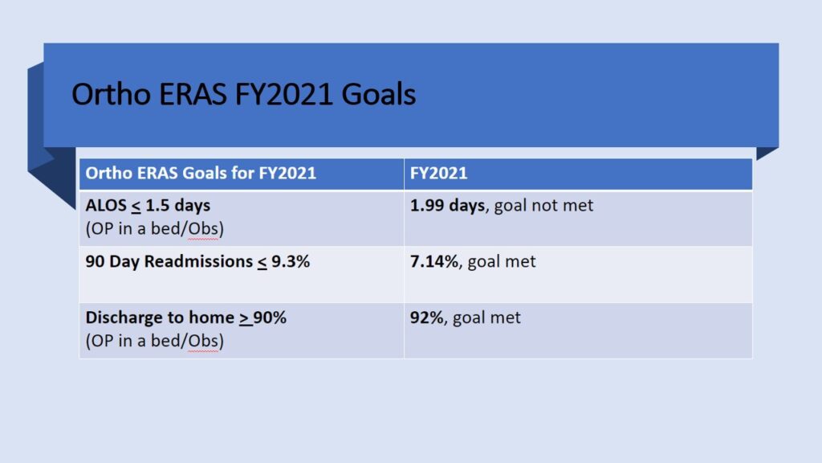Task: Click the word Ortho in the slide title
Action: [111, 95]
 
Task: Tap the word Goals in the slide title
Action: [379, 95]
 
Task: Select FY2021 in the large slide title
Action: [283, 95]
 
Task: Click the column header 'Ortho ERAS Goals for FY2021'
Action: [201, 174]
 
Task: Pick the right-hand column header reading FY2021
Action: [439, 174]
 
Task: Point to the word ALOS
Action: [106, 205]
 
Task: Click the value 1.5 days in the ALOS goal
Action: [177, 205]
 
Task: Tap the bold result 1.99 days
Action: [447, 205]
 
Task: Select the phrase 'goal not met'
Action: [543, 206]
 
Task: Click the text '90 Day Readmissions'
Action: [169, 261]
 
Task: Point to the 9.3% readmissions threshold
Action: [291, 261]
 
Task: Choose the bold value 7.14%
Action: [434, 261]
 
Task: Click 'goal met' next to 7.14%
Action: [502, 262]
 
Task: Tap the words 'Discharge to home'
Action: [160, 318]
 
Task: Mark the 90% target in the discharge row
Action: [270, 318]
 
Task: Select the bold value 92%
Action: [427, 318]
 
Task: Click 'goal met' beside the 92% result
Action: [486, 318]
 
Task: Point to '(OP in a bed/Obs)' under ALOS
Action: [155, 229]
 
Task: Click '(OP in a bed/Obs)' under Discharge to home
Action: [155, 341]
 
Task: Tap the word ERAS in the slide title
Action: [193, 95]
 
